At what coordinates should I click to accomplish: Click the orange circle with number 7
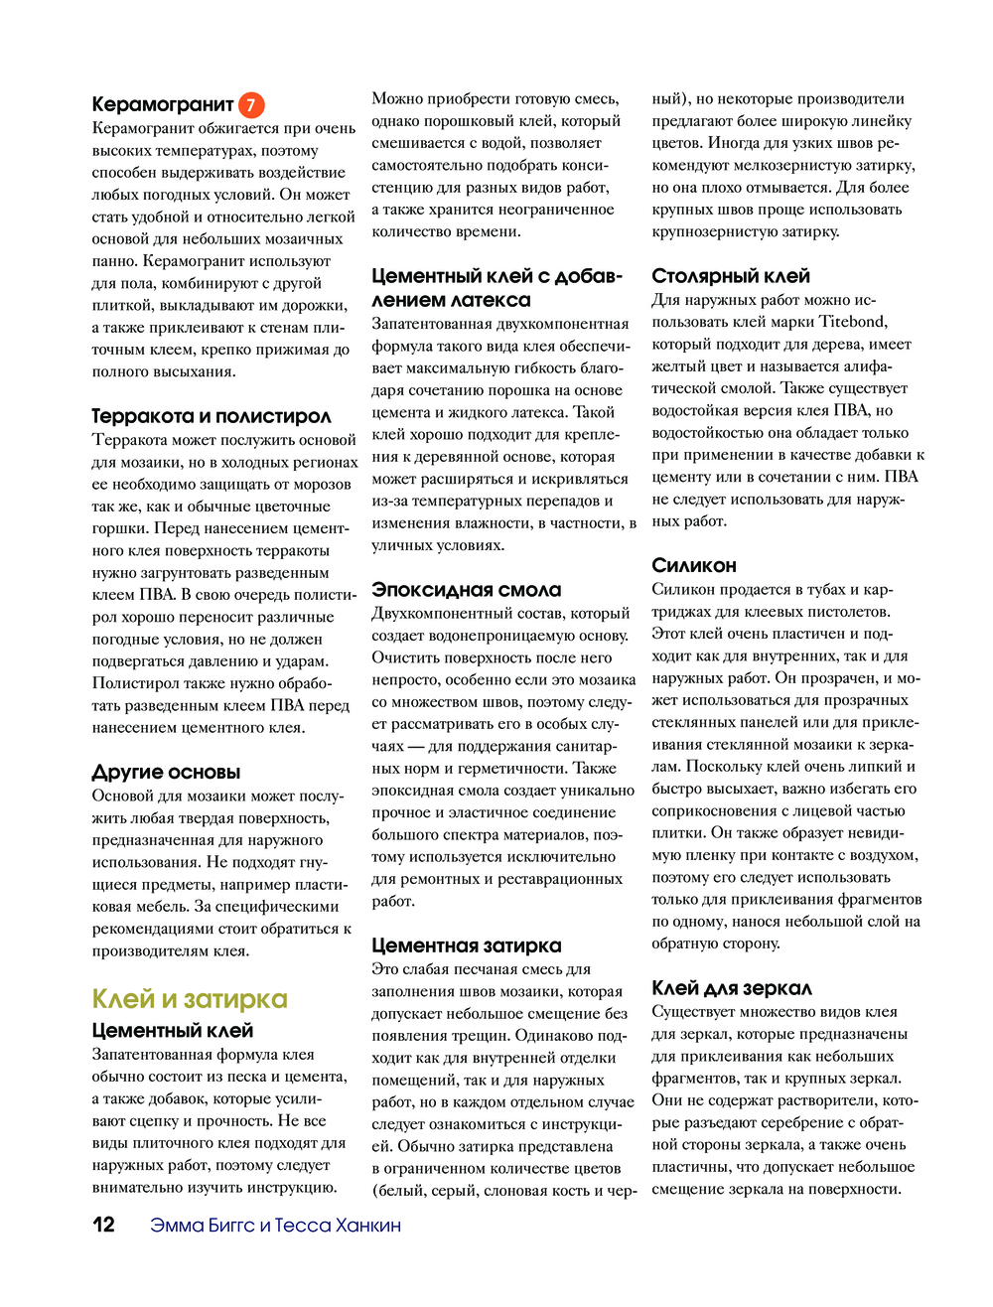click(251, 104)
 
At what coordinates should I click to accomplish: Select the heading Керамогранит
click(163, 104)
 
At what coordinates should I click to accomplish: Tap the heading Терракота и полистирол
click(212, 416)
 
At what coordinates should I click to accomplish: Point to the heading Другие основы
click(166, 772)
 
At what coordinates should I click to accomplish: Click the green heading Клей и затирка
click(190, 999)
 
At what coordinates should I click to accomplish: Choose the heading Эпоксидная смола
click(467, 590)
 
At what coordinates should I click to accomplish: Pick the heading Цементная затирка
click(467, 945)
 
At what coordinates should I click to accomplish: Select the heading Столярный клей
click(731, 276)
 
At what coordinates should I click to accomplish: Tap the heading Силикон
click(694, 565)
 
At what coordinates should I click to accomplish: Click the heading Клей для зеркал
click(732, 988)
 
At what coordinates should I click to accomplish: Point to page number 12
click(104, 1225)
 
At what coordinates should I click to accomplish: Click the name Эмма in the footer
click(175, 1226)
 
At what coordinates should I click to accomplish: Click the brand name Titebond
click(853, 322)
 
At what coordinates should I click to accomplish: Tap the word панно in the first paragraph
click(114, 261)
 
